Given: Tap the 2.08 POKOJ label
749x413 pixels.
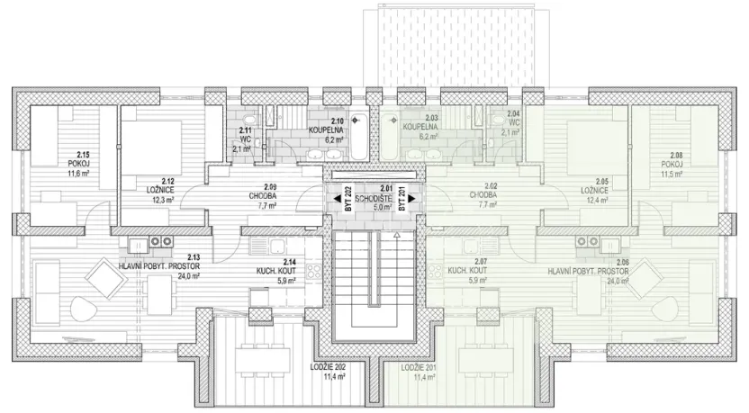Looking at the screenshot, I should pos(672,164).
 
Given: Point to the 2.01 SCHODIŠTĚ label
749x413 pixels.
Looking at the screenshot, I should pos(373,197).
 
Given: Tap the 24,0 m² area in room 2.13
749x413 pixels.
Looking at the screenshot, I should pos(163,277).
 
